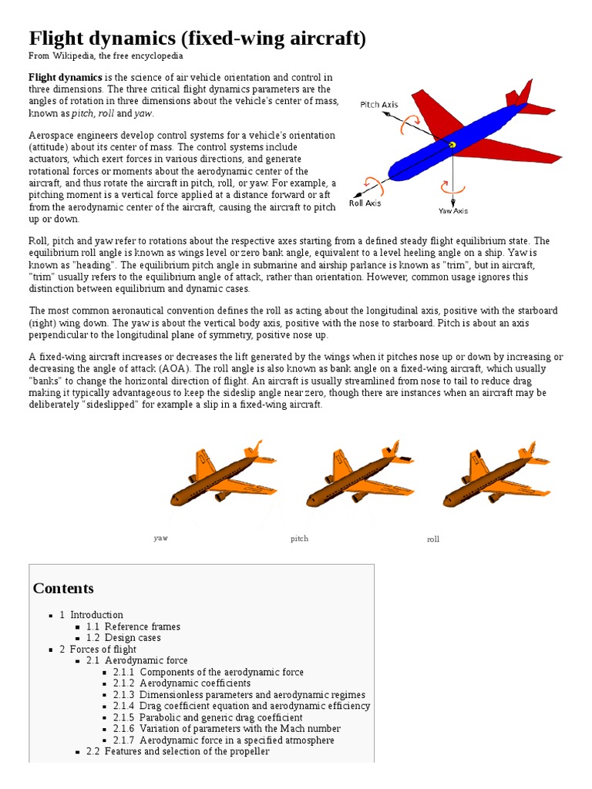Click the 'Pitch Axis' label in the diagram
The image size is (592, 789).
pos(379,104)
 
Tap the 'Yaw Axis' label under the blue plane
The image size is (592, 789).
pos(453,210)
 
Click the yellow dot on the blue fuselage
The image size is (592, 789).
pos(452,144)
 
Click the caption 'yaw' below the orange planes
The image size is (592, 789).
pos(160,538)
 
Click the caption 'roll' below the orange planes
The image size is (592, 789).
pos(433,539)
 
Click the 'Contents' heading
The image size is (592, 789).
pos(63,589)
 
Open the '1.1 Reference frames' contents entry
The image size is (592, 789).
pos(133,626)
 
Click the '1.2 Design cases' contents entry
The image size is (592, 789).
pos(124,638)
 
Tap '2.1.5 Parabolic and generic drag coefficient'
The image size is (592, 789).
pos(208,717)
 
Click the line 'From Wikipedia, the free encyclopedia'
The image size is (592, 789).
pos(106,56)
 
